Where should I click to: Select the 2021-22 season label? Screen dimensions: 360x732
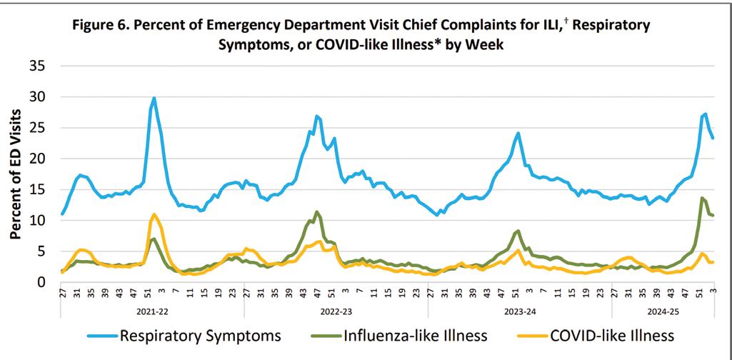pos(153,312)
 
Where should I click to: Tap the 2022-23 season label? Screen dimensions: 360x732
pos(336,312)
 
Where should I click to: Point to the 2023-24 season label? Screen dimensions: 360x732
pos(519,312)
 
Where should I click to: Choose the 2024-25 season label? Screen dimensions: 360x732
pos(662,312)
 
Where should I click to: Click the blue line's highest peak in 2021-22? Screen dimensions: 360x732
pos(154,98)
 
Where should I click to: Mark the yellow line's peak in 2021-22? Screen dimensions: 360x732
pos(154,214)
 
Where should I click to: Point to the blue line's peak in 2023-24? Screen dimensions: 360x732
pos(518,133)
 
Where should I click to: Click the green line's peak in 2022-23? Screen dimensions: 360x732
pos(316,211)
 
